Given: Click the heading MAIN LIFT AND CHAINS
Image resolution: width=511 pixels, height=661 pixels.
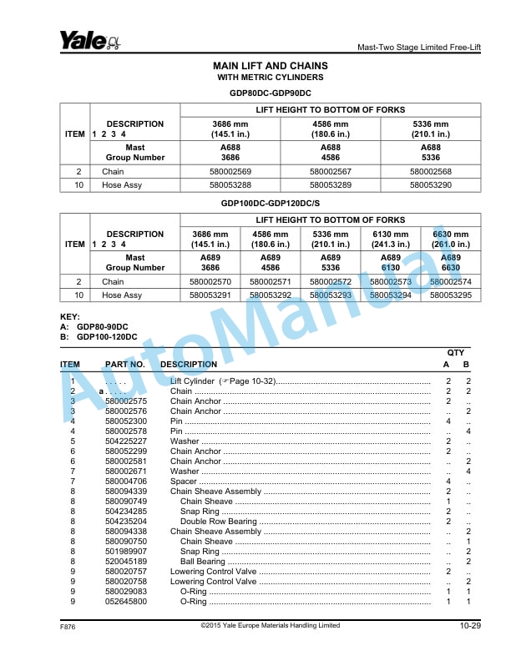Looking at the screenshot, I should [271, 66].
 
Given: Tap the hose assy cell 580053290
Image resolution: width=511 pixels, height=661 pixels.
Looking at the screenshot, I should [430, 185].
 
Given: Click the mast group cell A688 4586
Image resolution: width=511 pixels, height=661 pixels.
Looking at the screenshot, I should [330, 152].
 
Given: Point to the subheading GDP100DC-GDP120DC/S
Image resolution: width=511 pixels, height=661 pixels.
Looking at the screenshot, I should [271, 204].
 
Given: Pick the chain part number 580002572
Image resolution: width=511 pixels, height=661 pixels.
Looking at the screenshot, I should [331, 282].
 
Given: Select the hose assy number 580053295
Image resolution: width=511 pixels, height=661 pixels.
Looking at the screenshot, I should [451, 295].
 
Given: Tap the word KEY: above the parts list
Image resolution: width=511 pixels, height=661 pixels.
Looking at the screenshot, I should [70, 318].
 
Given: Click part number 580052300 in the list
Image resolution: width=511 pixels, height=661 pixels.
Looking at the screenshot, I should [126, 421].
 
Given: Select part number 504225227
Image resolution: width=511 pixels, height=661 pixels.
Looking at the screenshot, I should [126, 442].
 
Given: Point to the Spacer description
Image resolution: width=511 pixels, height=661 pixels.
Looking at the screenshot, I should [185, 482].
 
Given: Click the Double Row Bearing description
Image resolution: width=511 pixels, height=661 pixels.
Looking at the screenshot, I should [219, 522].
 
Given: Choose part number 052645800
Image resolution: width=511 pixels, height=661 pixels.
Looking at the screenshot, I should [126, 602].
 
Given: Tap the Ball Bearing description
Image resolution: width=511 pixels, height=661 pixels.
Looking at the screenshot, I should [203, 562].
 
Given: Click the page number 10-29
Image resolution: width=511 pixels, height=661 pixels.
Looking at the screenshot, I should [470, 626].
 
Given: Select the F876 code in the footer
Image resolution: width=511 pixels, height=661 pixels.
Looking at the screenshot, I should [68, 626].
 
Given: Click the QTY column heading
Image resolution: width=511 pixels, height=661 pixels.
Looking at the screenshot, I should [457, 353].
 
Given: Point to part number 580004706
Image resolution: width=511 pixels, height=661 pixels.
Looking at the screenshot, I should [126, 482].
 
